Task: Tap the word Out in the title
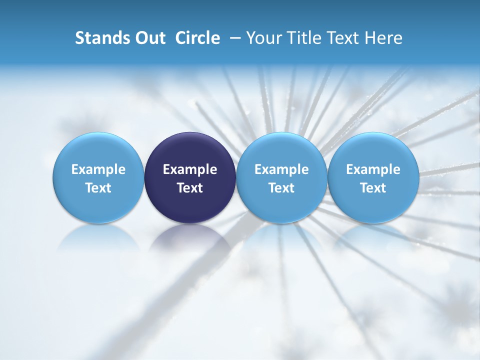(149, 38)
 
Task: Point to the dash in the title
(233, 38)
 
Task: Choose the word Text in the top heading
(342, 38)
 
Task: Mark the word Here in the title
(382, 38)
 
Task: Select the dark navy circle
(190, 150)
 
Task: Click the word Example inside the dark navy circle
(190, 169)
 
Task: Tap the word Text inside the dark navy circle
(190, 188)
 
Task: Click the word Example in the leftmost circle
(98, 169)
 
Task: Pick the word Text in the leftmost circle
(98, 188)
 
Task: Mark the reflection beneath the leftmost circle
(98, 237)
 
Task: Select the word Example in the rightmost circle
(373, 169)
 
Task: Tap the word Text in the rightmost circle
(373, 188)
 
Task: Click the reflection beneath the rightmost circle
(373, 237)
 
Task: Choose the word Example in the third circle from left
(281, 169)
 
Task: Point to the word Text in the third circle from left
(281, 188)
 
